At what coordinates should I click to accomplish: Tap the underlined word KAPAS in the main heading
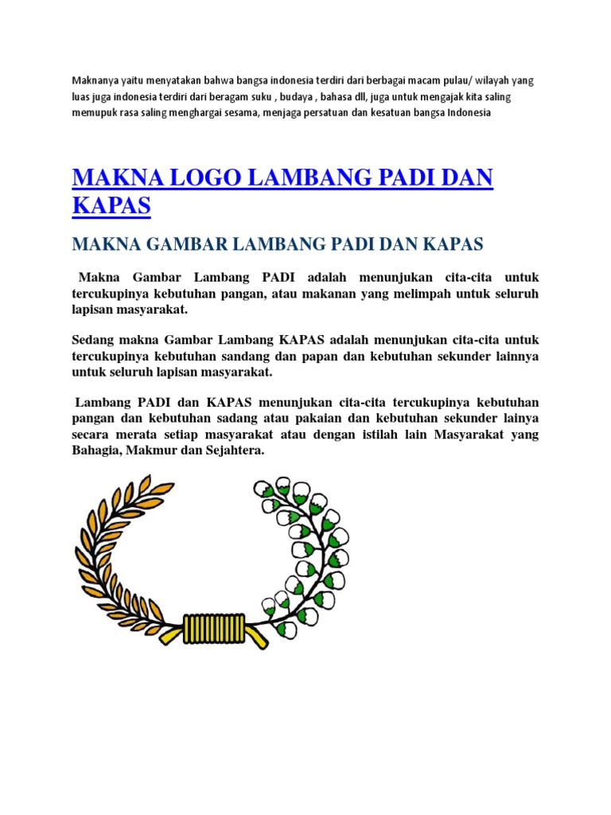[111, 205]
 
